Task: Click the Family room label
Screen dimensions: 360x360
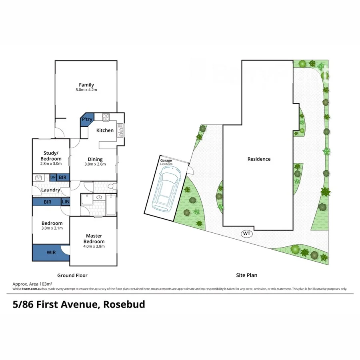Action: [x=86, y=85]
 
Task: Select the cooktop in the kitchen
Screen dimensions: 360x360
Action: [x=106, y=117]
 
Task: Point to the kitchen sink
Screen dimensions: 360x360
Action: [x=119, y=130]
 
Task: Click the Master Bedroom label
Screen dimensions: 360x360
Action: [x=94, y=239]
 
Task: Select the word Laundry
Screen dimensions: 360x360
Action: [x=51, y=190]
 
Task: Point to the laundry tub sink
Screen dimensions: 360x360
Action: [x=39, y=177]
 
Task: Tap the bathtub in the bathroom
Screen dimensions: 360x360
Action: [x=110, y=205]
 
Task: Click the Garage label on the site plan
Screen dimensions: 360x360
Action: [x=166, y=160]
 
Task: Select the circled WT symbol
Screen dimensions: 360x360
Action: [x=247, y=234]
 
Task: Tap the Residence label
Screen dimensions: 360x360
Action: [x=259, y=159]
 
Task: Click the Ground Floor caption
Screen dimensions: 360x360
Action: [x=72, y=275]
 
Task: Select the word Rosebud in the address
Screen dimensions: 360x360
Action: [x=124, y=305]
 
